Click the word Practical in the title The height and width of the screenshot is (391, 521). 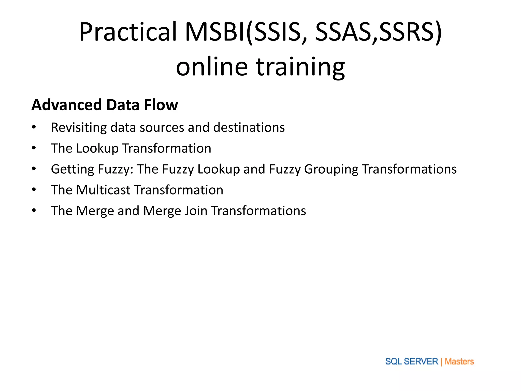[x=128, y=32]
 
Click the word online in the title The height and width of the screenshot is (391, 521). [x=212, y=67]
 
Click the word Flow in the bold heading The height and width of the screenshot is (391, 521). [x=161, y=105]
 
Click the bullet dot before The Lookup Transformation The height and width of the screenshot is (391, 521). [x=34, y=148]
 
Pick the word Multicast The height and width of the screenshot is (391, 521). [x=103, y=190]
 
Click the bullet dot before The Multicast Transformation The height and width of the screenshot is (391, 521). [x=34, y=190]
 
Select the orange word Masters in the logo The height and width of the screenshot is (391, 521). [x=459, y=361]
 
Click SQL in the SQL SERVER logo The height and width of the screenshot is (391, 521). [x=393, y=361]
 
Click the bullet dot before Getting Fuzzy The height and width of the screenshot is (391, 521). [x=34, y=169]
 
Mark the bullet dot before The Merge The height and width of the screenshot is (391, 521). [x=34, y=211]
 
